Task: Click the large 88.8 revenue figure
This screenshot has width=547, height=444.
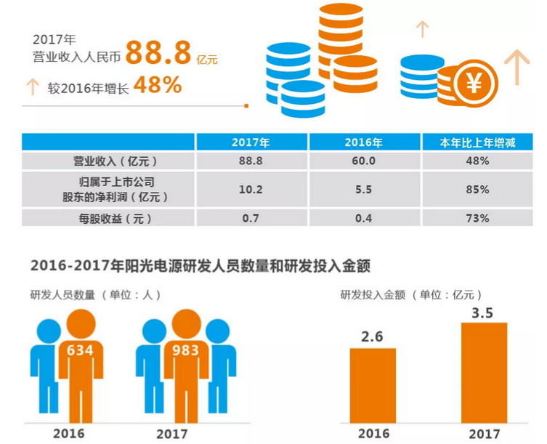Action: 159,52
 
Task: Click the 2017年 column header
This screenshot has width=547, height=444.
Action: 251,142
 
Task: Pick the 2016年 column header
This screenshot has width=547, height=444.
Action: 366,142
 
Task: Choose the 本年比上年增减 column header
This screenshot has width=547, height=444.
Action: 478,142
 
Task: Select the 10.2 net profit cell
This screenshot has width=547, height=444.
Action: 251,189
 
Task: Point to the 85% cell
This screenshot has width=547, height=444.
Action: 478,189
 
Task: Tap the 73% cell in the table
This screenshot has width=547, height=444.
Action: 478,217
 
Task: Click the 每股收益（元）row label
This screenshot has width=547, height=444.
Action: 109,217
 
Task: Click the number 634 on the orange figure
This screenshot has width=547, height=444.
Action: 80,350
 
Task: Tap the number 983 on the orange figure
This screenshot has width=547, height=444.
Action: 185,350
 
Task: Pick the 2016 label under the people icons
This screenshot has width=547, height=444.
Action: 69,434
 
